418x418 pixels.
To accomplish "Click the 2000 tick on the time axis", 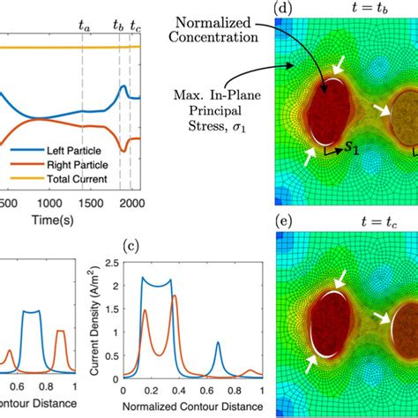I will click(129, 204).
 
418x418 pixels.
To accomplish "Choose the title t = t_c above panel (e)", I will click(347, 224).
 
